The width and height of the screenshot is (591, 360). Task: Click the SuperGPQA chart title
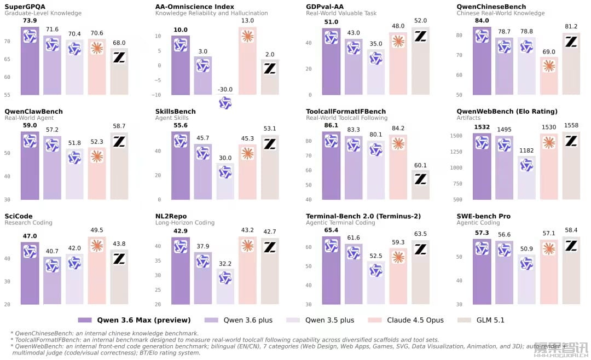coord(25,7)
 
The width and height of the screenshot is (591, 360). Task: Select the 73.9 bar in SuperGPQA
coord(30,61)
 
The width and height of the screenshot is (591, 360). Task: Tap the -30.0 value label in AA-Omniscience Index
coord(225,89)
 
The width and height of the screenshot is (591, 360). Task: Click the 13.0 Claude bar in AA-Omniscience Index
coord(248,61)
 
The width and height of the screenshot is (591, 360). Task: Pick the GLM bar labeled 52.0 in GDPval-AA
coord(420,61)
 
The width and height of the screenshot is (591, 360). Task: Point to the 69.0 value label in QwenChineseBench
coord(549,51)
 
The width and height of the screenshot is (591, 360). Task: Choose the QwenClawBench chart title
coord(33,111)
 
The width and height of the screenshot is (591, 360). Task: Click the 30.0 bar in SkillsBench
coord(225,181)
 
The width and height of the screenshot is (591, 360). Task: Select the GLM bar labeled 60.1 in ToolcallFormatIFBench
coord(420,185)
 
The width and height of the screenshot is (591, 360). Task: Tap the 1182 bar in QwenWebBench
coord(526,178)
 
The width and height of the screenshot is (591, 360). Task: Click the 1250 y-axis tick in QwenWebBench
coord(456,152)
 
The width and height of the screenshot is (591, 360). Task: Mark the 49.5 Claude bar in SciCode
coord(97,270)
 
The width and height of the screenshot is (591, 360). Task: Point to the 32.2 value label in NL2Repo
coord(225,264)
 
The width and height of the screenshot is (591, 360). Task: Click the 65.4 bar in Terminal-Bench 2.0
coord(331,270)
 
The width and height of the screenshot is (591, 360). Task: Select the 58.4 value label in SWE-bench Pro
coord(571,230)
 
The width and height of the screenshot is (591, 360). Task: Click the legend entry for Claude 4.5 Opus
coord(405,320)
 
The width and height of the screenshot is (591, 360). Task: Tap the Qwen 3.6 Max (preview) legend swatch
coord(85,320)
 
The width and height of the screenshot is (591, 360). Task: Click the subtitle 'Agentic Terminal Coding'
coord(340,223)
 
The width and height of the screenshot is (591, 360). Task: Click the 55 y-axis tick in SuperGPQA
coord(7,95)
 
